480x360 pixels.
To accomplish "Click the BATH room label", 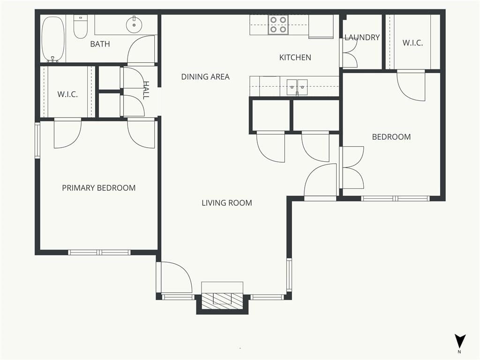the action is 100,44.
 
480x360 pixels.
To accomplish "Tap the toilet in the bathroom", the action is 81,27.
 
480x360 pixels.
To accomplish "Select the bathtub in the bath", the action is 53,39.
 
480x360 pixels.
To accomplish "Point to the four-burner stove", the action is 278,25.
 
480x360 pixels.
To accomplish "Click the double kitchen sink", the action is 297,87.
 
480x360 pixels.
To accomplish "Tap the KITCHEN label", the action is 295,57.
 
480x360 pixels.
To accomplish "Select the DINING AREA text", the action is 205,76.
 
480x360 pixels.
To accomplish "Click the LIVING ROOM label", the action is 227,202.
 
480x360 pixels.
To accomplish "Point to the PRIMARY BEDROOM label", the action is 98,187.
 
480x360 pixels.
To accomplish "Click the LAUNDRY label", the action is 362,37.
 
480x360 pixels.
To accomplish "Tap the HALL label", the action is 146,90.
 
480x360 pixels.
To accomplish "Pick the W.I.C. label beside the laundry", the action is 412,43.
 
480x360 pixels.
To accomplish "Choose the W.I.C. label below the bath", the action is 67,94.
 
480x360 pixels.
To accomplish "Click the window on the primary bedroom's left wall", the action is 37,140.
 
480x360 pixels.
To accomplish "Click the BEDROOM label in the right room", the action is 391,137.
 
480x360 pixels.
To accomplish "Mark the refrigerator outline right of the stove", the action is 321,26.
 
